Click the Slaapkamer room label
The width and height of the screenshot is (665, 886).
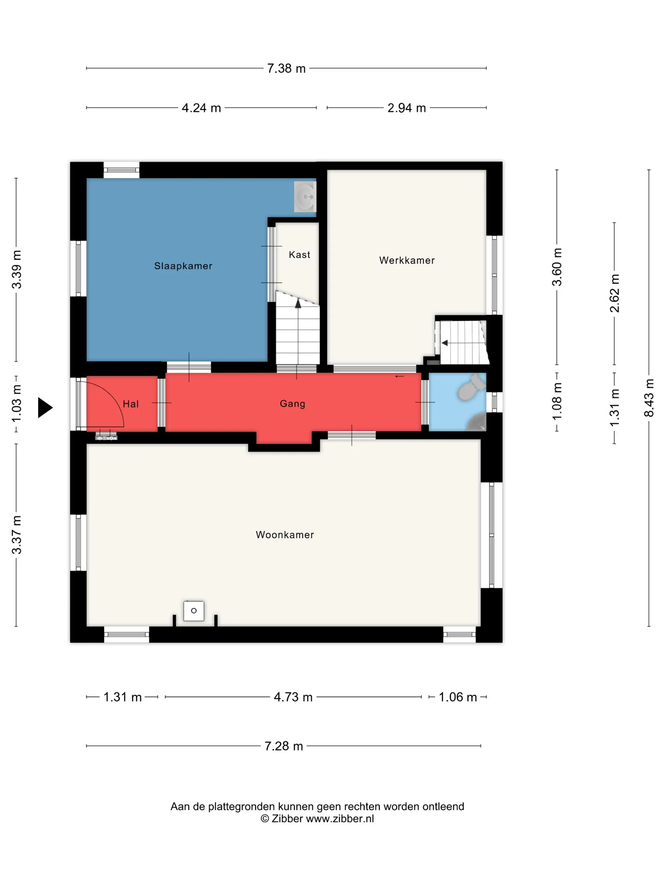183,266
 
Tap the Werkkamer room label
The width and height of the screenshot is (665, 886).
407,260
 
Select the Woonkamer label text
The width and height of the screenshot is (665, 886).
285,535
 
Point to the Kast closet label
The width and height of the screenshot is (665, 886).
300,255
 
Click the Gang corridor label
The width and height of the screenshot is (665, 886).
293,404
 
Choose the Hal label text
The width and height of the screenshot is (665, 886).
131,404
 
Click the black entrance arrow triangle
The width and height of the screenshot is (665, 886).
45,408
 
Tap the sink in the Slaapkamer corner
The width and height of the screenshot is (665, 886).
305,197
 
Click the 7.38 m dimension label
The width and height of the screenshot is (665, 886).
286,68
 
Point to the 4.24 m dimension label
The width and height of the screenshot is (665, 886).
201,108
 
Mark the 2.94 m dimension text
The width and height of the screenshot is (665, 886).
407,108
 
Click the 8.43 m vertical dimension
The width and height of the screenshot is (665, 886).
649,398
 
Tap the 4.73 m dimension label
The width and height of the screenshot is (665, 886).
293,697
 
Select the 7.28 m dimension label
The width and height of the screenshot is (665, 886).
283,746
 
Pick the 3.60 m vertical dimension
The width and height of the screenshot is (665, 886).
557,267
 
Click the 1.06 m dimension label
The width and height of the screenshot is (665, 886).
458,697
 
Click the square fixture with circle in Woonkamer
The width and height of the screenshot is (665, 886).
193,611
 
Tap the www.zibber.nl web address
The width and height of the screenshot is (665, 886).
340,819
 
